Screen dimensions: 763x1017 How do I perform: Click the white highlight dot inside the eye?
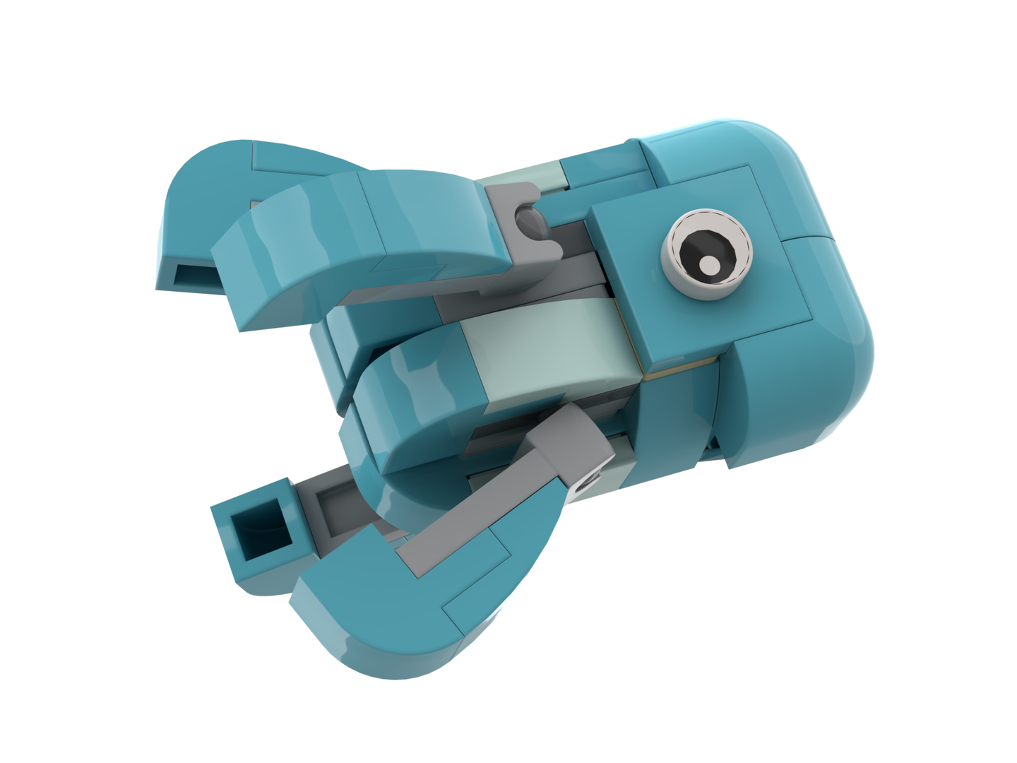click(x=709, y=265)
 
